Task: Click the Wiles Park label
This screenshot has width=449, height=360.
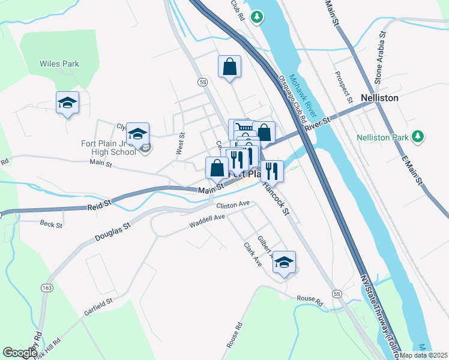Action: (59, 64)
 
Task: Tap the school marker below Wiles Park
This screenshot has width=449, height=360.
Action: (67, 103)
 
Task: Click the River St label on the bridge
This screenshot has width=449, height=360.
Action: (318, 125)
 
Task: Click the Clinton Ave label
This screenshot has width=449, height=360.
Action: (232, 205)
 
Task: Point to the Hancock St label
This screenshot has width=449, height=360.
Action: (276, 199)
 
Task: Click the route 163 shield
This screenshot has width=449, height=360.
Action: (47, 289)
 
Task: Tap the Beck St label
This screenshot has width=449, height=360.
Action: (51, 224)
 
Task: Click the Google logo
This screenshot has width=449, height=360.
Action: (20, 353)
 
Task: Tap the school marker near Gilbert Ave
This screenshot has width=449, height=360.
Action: (285, 262)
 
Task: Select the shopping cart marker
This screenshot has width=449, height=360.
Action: (241, 127)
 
